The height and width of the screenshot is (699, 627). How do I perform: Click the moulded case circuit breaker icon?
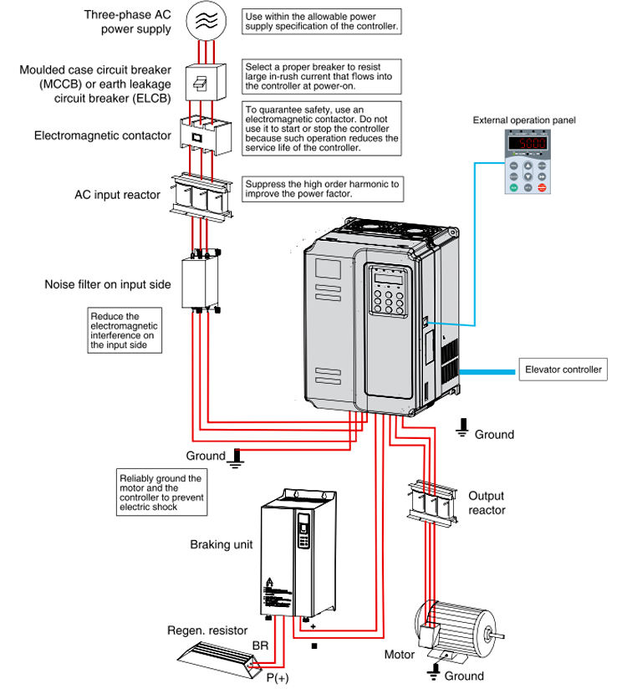[x=201, y=82]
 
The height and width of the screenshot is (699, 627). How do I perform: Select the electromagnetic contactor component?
[x=201, y=135]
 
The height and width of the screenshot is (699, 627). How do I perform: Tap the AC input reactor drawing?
[x=201, y=196]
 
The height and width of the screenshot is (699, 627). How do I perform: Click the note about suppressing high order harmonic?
[x=322, y=188]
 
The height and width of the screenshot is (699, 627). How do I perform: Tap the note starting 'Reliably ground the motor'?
[x=161, y=492]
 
